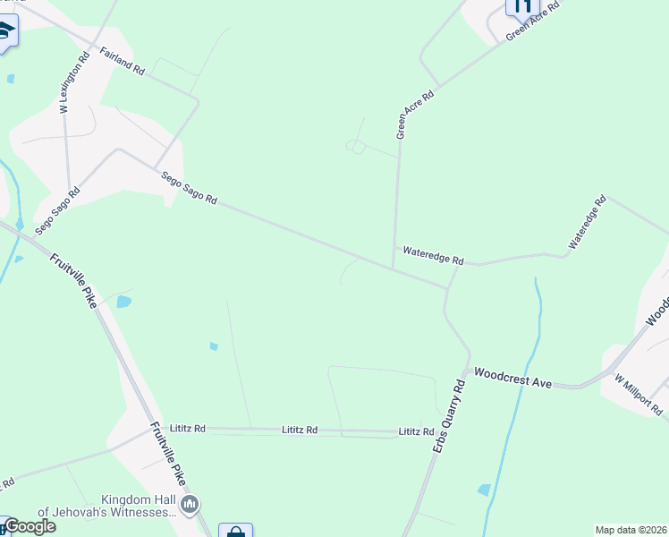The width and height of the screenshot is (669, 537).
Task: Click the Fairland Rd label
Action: tap(123, 61)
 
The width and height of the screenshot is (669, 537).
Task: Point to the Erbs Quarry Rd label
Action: tap(450, 416)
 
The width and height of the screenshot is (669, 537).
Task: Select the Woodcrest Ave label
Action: tap(512, 377)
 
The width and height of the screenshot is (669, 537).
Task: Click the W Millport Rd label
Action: tap(639, 395)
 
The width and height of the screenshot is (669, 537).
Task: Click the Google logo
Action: tap(30, 526)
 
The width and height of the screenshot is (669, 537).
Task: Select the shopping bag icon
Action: tap(235, 532)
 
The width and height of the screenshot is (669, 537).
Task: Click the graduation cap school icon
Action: tap(5, 32)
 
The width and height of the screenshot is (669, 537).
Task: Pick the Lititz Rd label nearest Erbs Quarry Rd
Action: tap(416, 432)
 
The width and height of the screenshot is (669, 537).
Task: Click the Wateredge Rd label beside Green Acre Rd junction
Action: tap(433, 256)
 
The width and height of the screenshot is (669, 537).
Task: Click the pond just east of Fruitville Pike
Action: tap(123, 302)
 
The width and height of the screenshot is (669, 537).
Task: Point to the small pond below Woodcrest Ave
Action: tap(484, 490)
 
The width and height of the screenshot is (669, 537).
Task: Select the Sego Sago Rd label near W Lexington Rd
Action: tap(57, 211)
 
